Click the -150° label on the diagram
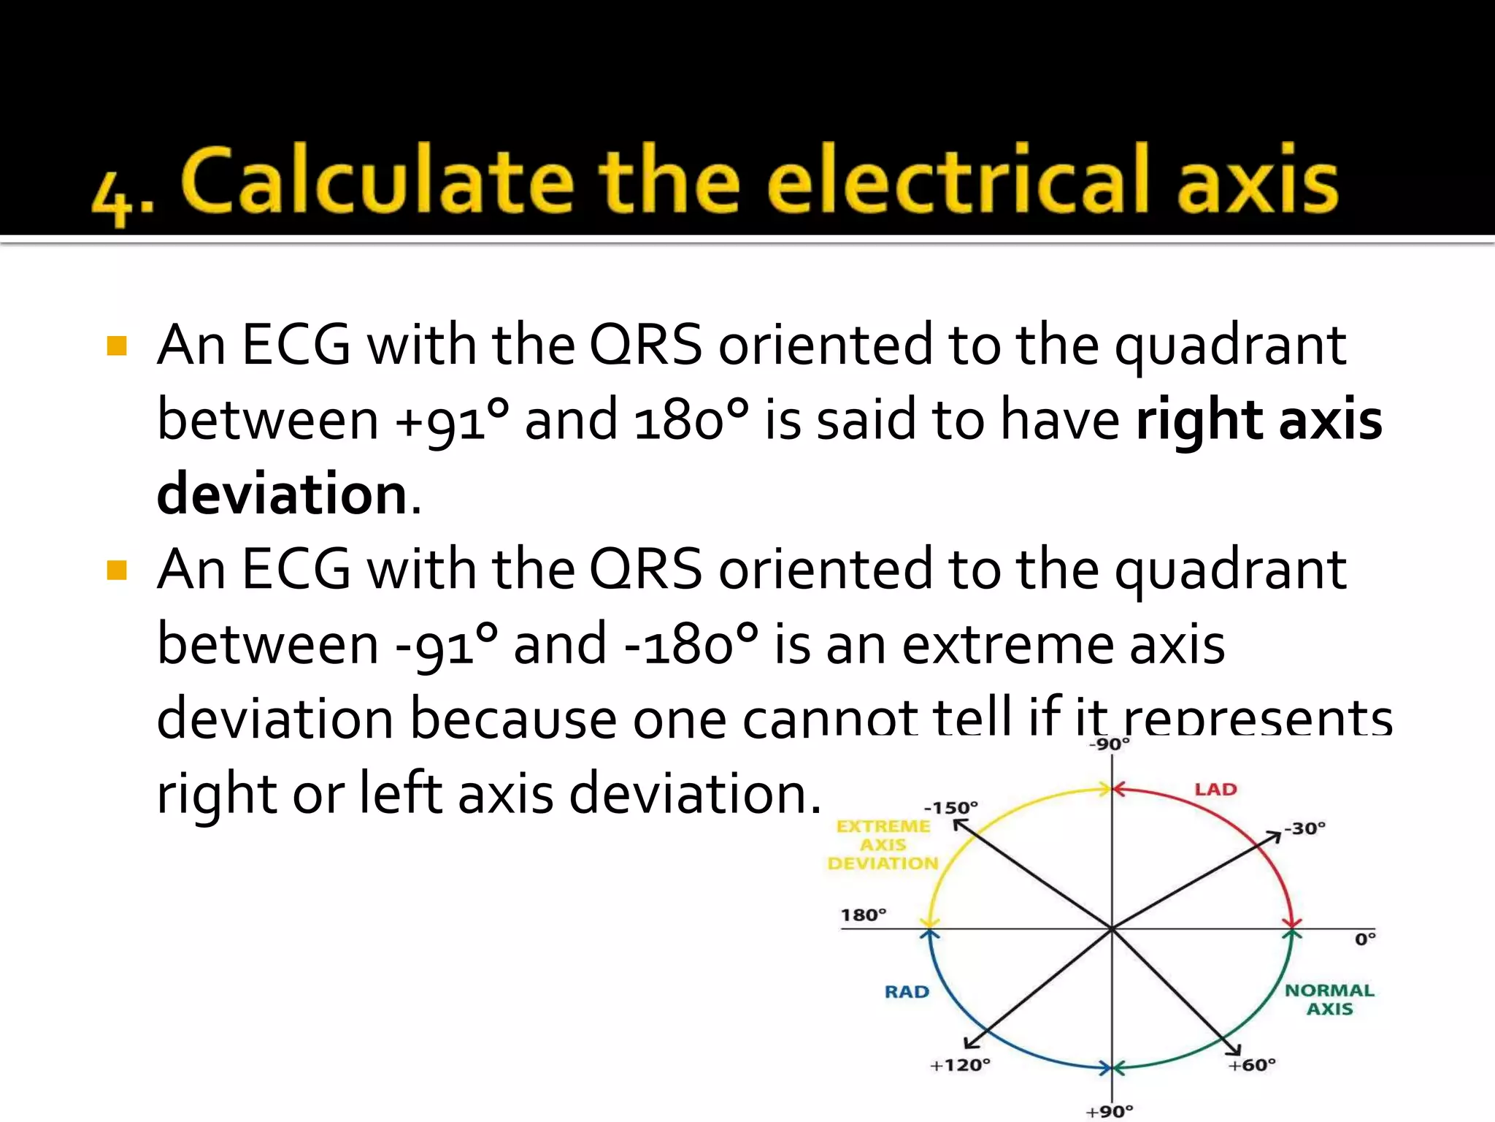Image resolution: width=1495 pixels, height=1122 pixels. coord(950,808)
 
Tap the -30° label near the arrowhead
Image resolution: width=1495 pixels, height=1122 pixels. coord(1305,828)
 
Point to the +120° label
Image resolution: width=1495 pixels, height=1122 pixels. coord(960,1065)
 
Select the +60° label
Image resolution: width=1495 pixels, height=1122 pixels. coord(1252,1065)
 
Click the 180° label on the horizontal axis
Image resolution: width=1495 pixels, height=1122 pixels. coord(863,915)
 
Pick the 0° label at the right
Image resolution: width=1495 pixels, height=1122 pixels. coord(1365,939)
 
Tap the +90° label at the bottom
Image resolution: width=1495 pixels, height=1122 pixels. coord(1110,1111)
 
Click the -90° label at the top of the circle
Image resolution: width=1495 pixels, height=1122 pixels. coord(1110,744)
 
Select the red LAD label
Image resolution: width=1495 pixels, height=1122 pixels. coord(1215,790)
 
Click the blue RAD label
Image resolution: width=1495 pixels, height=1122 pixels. coord(907,992)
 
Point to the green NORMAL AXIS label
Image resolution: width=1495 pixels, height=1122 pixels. coord(1329,999)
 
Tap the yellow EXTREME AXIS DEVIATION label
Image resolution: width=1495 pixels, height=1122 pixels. coord(883,844)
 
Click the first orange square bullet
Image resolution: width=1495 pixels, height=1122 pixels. coord(117,346)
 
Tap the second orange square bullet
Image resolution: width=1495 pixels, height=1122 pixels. coord(117,570)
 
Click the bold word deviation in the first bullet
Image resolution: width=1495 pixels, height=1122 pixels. coord(282,495)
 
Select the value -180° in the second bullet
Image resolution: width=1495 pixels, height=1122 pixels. coord(690,645)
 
